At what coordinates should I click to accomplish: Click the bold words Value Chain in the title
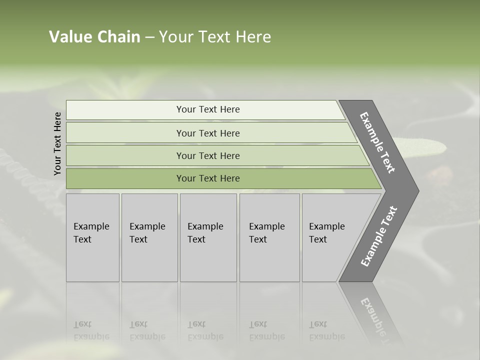point(94,37)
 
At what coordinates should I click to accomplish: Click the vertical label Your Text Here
point(57,143)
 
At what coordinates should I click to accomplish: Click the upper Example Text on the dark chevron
point(377,142)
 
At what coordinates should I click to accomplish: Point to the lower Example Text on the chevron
point(379,236)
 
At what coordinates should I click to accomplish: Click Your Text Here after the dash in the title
point(215,37)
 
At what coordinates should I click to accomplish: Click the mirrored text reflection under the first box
point(91,330)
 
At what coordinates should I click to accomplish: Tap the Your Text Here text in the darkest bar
point(208,178)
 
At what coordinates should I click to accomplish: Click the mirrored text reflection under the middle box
point(205,330)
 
